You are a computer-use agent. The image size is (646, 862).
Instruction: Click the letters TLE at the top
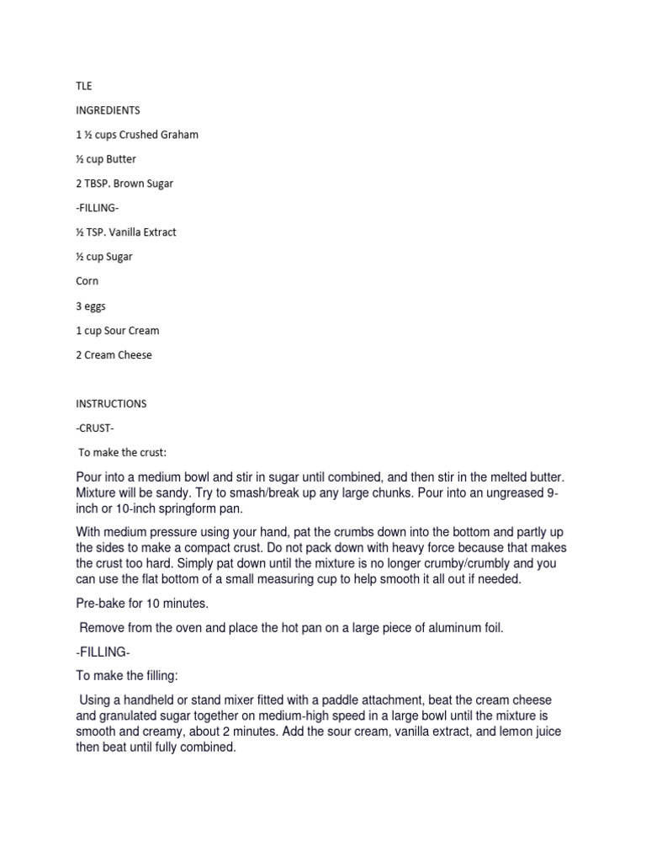(82, 86)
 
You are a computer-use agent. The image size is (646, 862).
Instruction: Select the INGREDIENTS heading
(108, 110)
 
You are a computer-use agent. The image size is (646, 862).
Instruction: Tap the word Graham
(179, 135)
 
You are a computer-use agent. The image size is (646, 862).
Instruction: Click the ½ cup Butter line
(105, 159)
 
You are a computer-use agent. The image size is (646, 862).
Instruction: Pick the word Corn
(87, 281)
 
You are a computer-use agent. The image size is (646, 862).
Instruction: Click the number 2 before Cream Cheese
(79, 354)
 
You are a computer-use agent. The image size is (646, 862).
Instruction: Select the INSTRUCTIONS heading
(111, 403)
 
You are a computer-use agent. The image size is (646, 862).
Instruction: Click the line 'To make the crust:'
(129, 452)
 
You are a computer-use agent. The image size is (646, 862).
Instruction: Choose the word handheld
(154, 700)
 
